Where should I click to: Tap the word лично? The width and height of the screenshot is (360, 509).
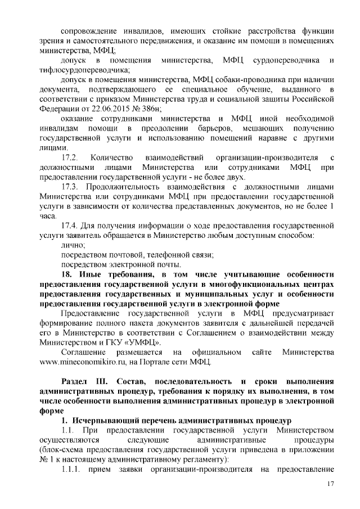coord(72,245)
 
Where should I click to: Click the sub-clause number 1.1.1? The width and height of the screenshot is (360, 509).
coord(71,469)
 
